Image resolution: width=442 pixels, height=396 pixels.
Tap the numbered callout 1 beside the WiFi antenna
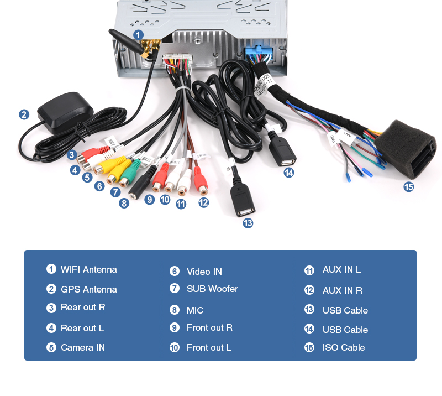139,35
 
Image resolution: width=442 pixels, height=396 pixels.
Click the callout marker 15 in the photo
408,187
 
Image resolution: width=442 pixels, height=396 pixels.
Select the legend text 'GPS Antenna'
88,289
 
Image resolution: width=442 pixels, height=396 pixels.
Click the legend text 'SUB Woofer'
212,289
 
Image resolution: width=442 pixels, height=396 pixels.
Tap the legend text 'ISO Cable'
344,347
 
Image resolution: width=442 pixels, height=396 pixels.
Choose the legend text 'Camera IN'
82,347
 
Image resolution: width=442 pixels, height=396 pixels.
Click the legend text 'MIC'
195,310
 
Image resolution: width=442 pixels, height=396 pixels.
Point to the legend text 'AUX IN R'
342,290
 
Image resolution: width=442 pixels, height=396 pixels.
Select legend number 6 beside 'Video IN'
175,271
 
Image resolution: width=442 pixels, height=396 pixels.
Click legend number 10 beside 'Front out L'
175,347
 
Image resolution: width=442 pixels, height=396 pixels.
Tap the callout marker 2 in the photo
24,114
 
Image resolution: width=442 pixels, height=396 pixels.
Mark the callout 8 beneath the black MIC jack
124,203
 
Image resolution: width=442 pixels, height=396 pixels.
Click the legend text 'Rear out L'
82,328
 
